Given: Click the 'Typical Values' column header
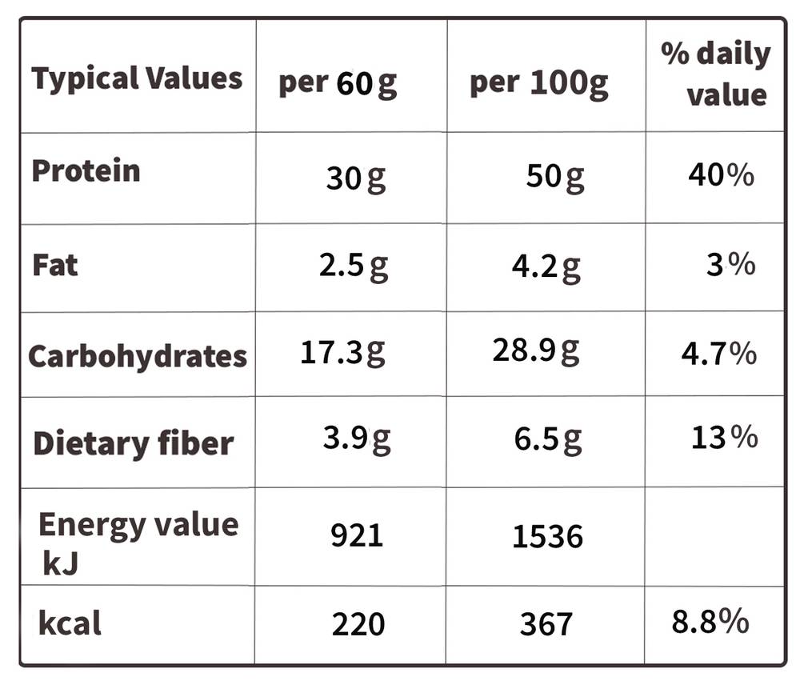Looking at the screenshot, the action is [137, 79].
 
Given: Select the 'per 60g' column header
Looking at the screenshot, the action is [338, 84].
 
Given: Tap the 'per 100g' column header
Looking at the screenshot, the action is [538, 83].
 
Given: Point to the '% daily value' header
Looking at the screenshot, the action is [715, 74].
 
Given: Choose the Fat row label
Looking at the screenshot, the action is [55, 265].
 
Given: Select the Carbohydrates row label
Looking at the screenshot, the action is [138, 356].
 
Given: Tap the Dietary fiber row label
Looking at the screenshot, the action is [133, 443].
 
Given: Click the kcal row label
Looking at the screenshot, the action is [70, 623].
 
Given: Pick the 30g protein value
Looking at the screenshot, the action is [356, 179].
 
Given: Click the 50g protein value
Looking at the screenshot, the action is [555, 177].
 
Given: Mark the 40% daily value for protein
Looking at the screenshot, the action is [721, 174].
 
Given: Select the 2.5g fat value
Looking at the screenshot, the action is [354, 266].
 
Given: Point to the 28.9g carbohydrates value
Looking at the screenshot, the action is [536, 351].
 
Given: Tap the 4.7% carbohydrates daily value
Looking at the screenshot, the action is [719, 353].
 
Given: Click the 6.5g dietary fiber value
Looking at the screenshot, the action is [548, 439].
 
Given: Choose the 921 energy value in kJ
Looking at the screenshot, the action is [357, 535].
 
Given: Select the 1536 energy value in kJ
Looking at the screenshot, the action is [547, 536].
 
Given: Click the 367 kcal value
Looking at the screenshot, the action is [546, 624].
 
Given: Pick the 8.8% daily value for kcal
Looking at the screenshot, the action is [710, 621].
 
